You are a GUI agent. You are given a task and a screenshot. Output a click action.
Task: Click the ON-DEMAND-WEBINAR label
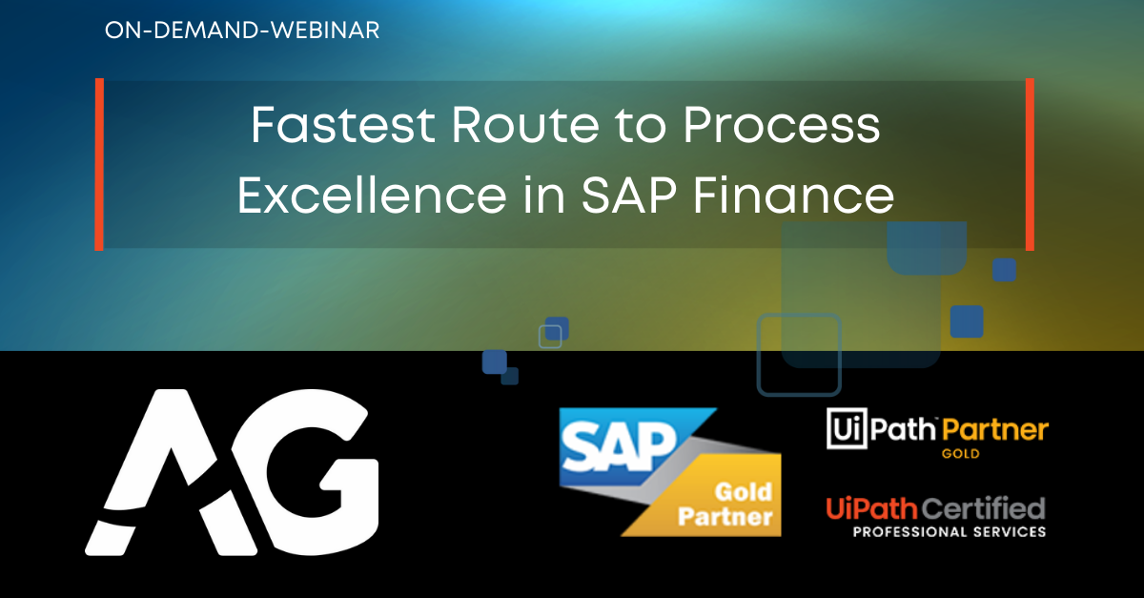(242, 31)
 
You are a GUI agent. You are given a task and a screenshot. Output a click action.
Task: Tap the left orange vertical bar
(99, 164)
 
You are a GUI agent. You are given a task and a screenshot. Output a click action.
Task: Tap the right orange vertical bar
(1030, 164)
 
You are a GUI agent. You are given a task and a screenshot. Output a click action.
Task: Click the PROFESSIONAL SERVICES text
(936, 531)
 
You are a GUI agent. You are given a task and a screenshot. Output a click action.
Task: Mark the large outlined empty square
(799, 354)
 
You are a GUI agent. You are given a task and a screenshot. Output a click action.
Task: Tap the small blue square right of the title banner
(1004, 270)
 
